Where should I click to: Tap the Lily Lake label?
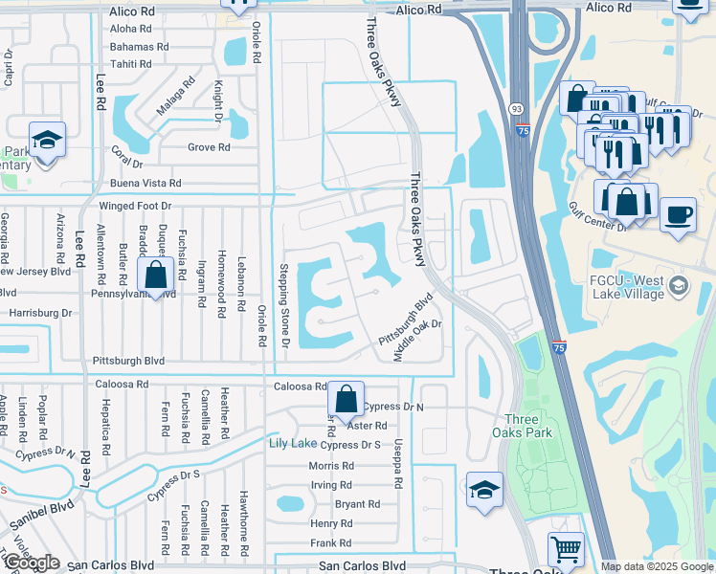pyautogui.click(x=292, y=443)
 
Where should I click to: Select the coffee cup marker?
pyautogui.click(x=678, y=215)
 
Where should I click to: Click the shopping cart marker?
pyautogui.click(x=566, y=550)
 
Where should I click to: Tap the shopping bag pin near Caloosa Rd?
pyautogui.click(x=346, y=400)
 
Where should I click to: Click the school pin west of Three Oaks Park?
pyautogui.click(x=484, y=490)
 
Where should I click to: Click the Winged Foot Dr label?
pyautogui.click(x=134, y=207)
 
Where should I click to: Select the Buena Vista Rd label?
pyautogui.click(x=145, y=183)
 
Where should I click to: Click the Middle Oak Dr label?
pyautogui.click(x=419, y=342)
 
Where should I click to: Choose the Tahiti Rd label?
pyautogui.click(x=131, y=63)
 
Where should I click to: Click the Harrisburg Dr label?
pyautogui.click(x=39, y=313)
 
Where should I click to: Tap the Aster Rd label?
pyautogui.click(x=368, y=426)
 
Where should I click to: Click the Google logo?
pyautogui.click(x=32, y=563)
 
